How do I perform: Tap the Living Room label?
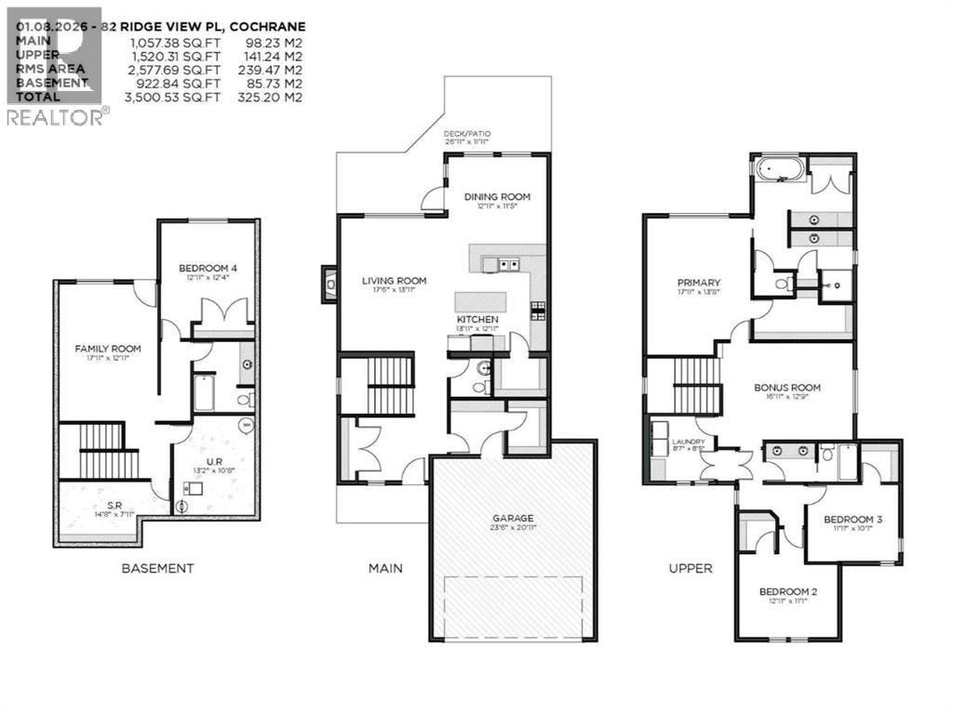coord(394,281)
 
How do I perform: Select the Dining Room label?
coord(497,197)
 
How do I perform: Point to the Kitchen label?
coord(477,320)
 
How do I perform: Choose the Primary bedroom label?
coord(699,283)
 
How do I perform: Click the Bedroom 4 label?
coord(208,269)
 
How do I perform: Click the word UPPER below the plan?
coord(691,568)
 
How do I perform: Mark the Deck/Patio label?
coord(467,135)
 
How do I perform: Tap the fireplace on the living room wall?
coord(329,284)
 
